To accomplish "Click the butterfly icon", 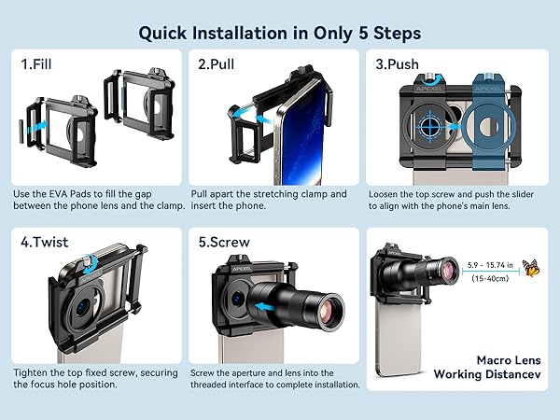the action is [531, 268].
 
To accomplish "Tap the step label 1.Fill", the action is [36, 64].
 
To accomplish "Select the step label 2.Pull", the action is [217, 64].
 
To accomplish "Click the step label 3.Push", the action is [398, 64].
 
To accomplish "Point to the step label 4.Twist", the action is [44, 242].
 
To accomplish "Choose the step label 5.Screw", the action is [224, 242].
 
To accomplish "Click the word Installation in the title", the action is [240, 33].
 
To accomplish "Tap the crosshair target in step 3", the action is [430, 126].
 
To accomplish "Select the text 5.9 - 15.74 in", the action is [490, 265].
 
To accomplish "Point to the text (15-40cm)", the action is [490, 278].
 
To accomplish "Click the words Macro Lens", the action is [509, 360].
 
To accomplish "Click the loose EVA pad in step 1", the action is [21, 132].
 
